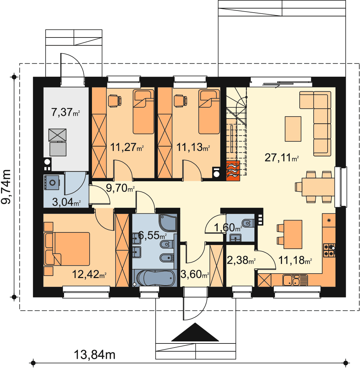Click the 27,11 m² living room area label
point(281,157)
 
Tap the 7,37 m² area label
point(65,112)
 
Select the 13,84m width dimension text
point(95,355)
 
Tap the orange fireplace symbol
point(233,171)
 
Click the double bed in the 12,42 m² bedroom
point(67,249)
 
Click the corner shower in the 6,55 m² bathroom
point(168,223)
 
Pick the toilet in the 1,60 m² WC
point(248,223)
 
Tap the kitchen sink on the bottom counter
point(295,280)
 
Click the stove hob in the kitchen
point(329,250)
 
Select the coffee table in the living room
point(293,129)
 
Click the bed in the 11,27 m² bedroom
point(143,112)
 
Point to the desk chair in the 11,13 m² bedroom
point(181,101)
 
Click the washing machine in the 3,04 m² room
point(52,182)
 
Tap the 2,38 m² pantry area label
point(241,260)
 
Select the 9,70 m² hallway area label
point(120,188)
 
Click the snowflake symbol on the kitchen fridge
point(329,220)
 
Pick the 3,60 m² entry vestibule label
point(195,274)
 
